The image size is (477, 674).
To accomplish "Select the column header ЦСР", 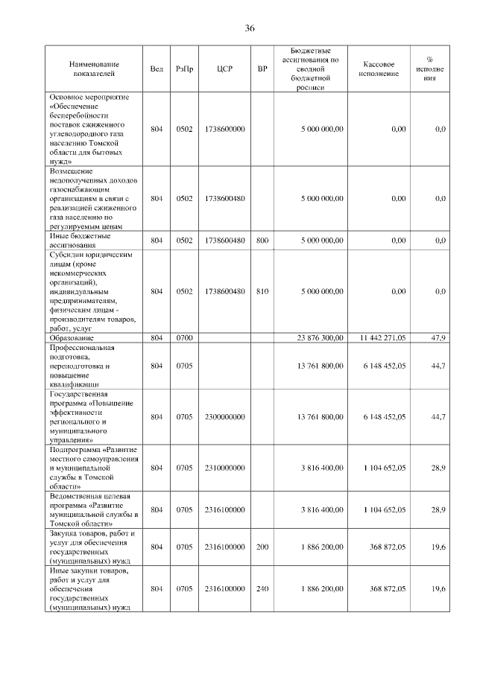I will click(224, 69).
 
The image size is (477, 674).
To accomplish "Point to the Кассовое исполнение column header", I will click(383, 69).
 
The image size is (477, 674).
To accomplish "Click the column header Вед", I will click(157, 69).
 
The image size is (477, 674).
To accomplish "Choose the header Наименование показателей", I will click(95, 69).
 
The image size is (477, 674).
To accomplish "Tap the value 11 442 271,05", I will click(382, 338).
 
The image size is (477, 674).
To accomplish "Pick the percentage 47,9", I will click(438, 338).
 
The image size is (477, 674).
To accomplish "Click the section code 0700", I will click(184, 338).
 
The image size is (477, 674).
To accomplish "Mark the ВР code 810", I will click(262, 291).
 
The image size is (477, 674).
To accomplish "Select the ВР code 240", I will click(262, 588).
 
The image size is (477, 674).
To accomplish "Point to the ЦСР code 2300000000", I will click(224, 417).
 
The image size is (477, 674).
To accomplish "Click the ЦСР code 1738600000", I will click(224, 129).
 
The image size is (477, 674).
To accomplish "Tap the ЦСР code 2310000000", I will click(224, 468).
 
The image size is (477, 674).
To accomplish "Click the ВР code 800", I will click(262, 240).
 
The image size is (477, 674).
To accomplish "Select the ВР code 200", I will click(262, 547).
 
